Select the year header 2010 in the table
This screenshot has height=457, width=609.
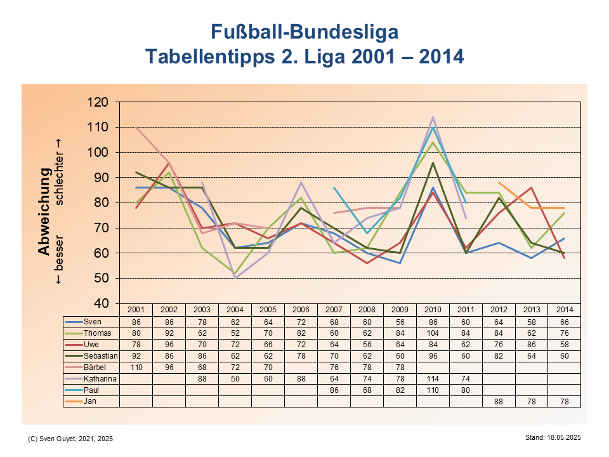pyautogui.click(x=433, y=309)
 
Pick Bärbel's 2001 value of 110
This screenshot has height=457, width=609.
pyautogui.click(x=136, y=367)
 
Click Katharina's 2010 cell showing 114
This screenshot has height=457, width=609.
pyautogui.click(x=433, y=378)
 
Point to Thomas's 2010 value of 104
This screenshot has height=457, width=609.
pyautogui.click(x=433, y=333)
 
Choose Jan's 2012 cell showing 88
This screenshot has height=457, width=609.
pyautogui.click(x=499, y=401)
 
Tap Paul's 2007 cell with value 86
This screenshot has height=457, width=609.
pyautogui.click(x=334, y=390)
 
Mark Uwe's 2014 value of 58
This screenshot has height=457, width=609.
pyautogui.click(x=565, y=344)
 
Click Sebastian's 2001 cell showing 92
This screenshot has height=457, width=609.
pyautogui.click(x=136, y=355)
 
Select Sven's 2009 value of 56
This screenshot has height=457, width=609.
pyautogui.click(x=400, y=322)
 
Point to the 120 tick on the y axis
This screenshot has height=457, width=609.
pyautogui.click(x=99, y=102)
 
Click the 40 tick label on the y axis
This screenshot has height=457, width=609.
pyautogui.click(x=102, y=303)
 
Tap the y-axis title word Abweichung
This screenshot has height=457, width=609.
pyautogui.click(x=44, y=211)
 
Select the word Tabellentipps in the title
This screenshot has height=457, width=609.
pyautogui.click(x=209, y=56)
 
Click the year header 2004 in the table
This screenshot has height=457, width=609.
pyautogui.click(x=235, y=309)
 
